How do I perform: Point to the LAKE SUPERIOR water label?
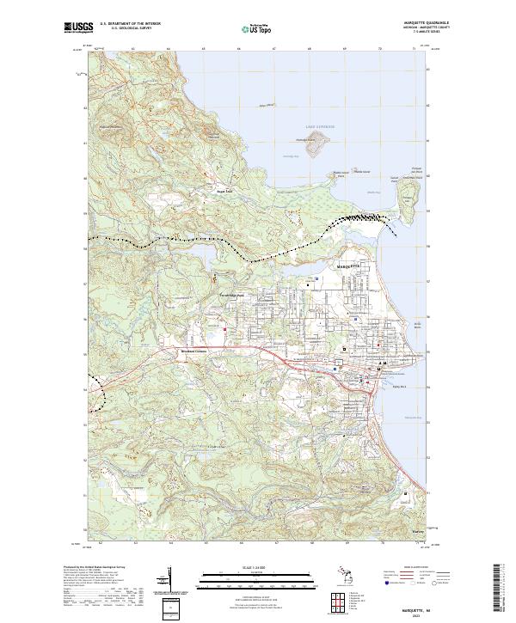tap(317, 126)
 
